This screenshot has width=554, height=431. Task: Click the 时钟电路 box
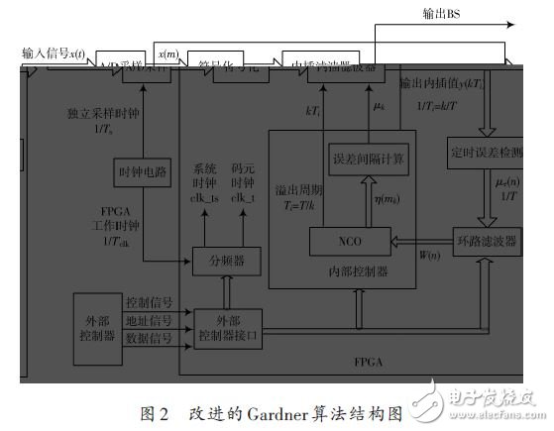143,171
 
